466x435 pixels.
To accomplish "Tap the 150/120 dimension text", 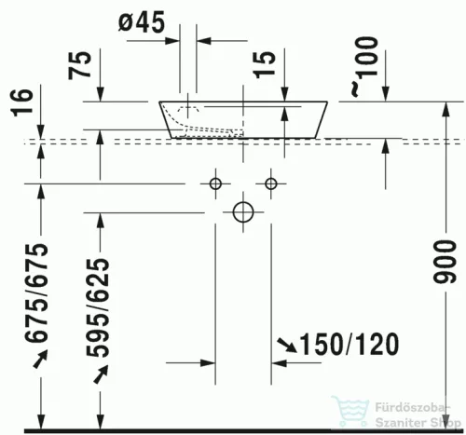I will (343, 345).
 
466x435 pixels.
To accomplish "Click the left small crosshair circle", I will (215, 182).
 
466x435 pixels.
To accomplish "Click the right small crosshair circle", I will (272, 182).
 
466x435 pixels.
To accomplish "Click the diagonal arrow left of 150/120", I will (284, 347).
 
